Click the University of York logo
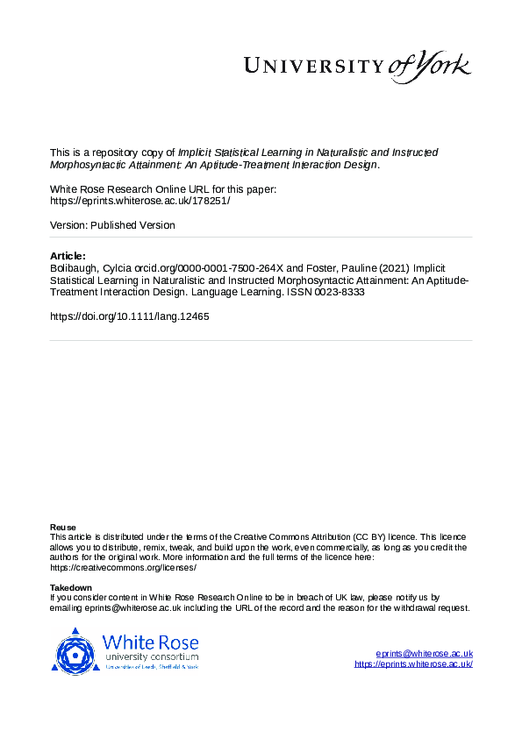(356, 67)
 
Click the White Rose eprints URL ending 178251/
(139, 200)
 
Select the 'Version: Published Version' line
(112, 225)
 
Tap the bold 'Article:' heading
(68, 255)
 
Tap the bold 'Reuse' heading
(62, 527)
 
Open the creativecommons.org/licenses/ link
(123, 567)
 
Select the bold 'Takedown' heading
(71, 587)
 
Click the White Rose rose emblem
(75, 651)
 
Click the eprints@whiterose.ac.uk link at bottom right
(425, 654)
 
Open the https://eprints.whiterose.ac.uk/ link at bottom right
(413, 664)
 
